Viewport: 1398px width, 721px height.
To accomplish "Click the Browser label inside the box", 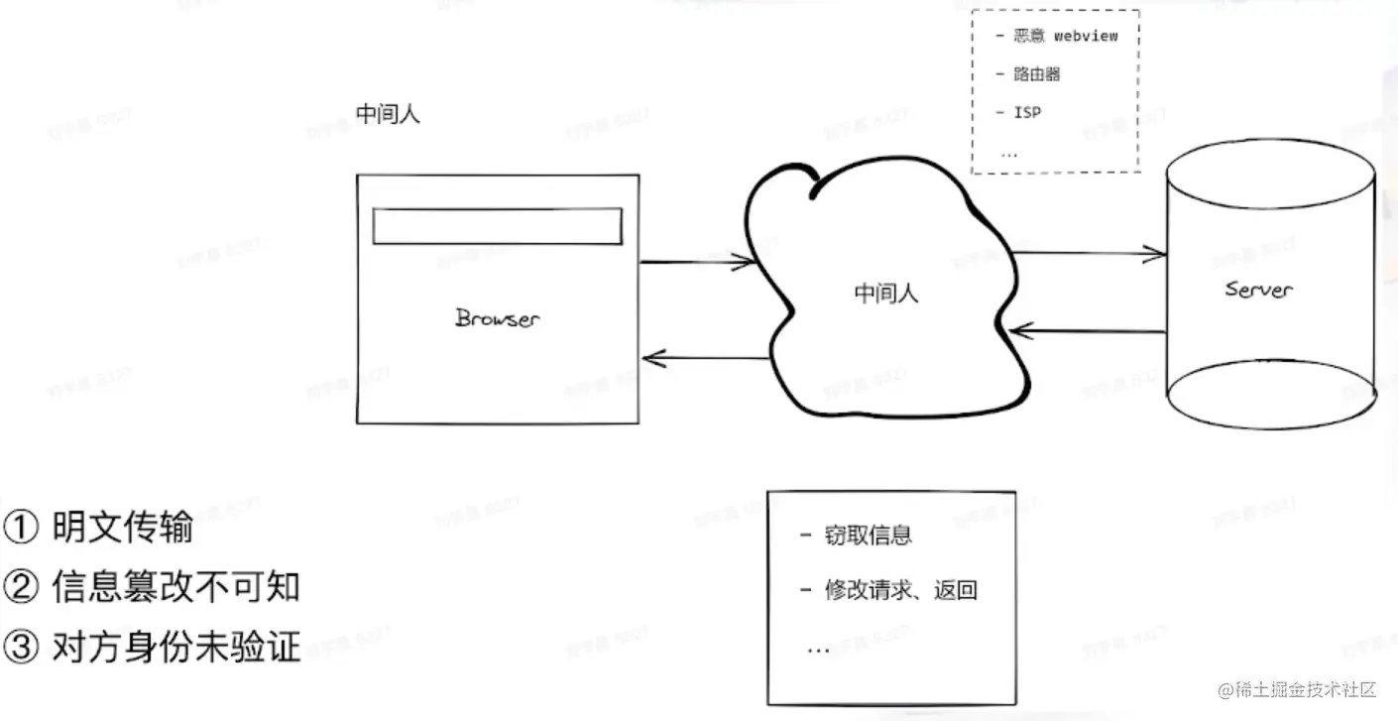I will tap(497, 318).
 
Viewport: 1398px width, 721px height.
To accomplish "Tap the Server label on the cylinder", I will tap(1258, 289).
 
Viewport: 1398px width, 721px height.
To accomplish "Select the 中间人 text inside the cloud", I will tap(886, 294).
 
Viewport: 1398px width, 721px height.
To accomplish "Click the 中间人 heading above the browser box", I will tap(389, 114).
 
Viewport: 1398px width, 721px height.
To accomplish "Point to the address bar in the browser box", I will tap(497, 226).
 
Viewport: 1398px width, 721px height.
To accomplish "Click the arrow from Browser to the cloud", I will tap(699, 262).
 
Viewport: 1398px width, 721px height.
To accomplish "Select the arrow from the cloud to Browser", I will tap(705, 358).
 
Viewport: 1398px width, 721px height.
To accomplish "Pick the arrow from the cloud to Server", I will tap(1088, 254).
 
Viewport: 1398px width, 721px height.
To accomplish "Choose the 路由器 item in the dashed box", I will tap(1037, 74).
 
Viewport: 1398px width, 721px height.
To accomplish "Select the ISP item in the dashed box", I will tap(1027, 112).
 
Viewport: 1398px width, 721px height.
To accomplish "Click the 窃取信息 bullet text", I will tap(868, 537).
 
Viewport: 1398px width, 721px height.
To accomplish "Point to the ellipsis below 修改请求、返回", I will tap(818, 649).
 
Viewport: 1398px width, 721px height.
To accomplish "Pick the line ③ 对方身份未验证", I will tap(152, 648).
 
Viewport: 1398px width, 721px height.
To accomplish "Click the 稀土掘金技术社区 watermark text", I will tap(1308, 689).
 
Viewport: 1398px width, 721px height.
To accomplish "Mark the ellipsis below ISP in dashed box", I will tap(1009, 152).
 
